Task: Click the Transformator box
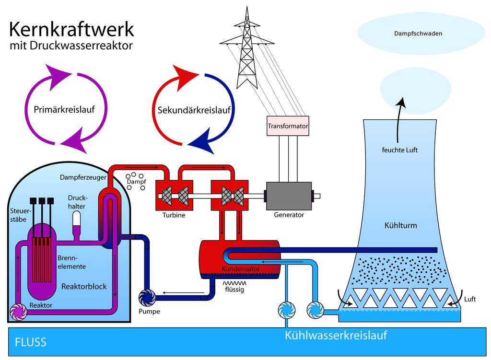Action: [x=288, y=126]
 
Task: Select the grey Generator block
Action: [x=289, y=196]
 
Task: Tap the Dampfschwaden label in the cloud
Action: [x=418, y=34]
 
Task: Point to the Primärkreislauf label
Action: [x=64, y=109]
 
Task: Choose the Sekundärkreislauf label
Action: [x=194, y=110]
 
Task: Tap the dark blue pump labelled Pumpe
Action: [x=147, y=298]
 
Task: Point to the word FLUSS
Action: [x=31, y=342]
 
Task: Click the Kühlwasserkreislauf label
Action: [x=336, y=335]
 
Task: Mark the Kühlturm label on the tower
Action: [x=400, y=225]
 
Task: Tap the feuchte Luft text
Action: [x=399, y=150]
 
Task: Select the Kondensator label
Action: [x=241, y=269]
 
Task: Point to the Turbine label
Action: [x=173, y=215]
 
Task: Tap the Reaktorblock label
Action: [x=84, y=287]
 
